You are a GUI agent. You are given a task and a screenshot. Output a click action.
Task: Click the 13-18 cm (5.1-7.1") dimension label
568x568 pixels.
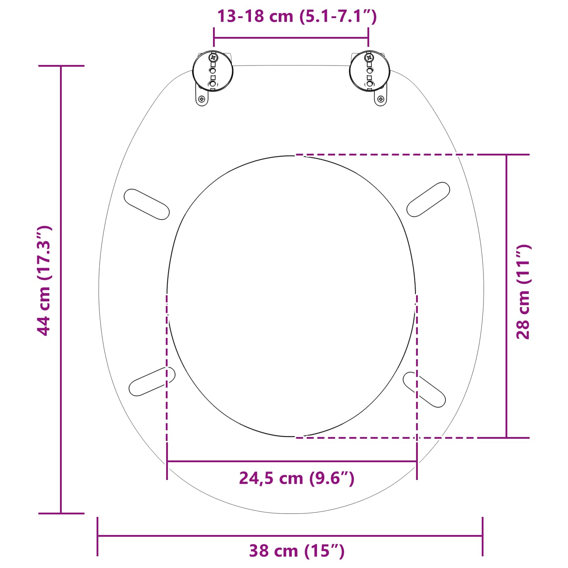coord(296,16)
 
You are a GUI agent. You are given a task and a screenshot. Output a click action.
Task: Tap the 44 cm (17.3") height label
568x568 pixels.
coord(44,280)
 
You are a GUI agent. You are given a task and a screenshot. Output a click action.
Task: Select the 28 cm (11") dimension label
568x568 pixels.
coord(523,292)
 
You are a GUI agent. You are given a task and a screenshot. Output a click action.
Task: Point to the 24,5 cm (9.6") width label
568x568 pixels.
coord(296,478)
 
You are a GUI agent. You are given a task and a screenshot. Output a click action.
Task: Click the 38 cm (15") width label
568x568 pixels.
coord(296,551)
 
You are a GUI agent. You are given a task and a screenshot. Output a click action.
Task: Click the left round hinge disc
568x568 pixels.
coord(213,71)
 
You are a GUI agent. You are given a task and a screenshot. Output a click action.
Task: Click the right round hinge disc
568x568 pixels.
coord(370,71)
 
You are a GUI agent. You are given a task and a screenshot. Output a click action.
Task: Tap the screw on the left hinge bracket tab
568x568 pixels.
coord(202,99)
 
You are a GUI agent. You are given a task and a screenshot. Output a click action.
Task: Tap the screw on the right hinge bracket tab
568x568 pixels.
coord(381,99)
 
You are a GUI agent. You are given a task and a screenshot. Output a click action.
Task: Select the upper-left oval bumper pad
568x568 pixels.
coord(146,204)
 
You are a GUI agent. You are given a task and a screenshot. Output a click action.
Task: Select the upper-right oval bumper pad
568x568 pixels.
coord(428,199)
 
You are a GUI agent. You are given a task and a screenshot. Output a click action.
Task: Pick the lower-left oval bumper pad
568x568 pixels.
coord(152,381)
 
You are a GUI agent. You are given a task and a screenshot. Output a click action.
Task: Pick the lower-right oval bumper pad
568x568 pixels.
coord(424,389)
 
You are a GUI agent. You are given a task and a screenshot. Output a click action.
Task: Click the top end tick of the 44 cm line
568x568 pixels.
coord(61,66)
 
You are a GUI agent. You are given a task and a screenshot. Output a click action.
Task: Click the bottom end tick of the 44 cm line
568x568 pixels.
coord(61,513)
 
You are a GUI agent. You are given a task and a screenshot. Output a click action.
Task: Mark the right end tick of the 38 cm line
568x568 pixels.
coord(482,536)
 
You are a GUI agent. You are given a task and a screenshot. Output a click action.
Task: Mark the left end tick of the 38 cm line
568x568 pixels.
coord(98,536)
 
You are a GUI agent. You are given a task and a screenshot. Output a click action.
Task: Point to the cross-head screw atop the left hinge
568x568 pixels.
coord(213,57)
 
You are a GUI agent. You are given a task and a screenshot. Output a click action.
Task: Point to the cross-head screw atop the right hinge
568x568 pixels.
coord(369,57)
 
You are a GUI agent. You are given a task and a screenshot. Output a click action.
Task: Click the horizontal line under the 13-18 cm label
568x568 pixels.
coord(291,38)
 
